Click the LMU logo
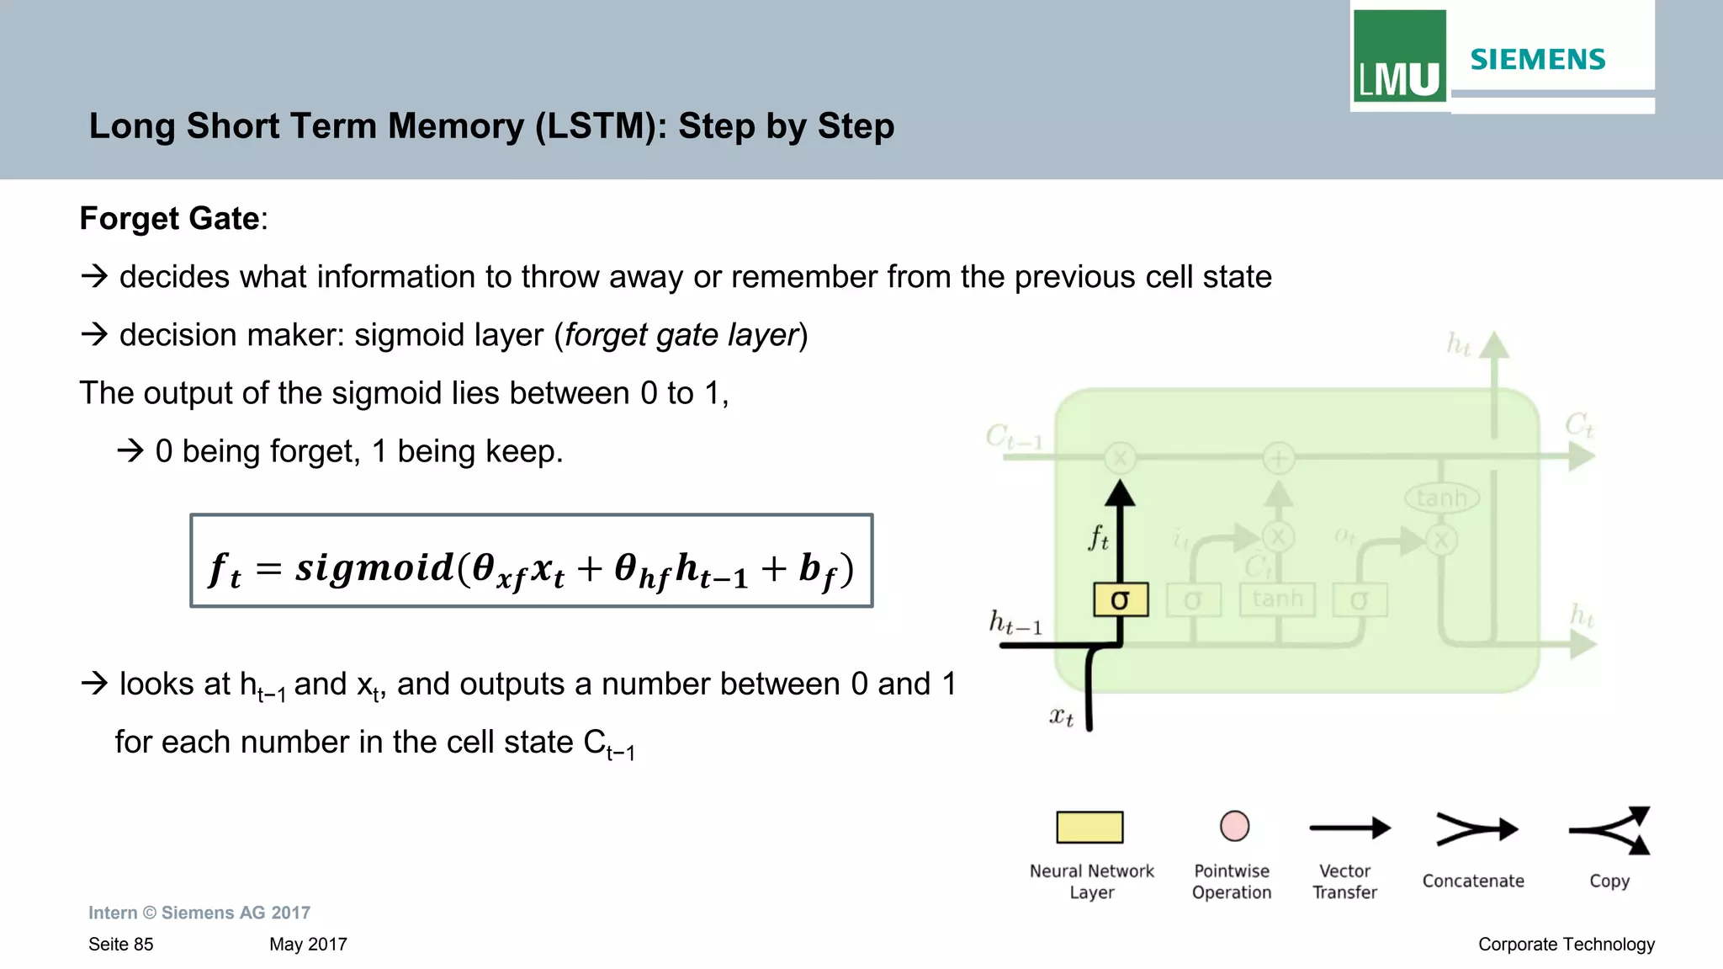(x=1399, y=56)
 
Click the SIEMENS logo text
(x=1537, y=60)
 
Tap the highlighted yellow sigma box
(x=1121, y=599)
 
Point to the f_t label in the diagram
(x=1098, y=537)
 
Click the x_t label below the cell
(x=1061, y=716)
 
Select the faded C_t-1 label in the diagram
(x=1013, y=437)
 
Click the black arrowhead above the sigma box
(x=1120, y=494)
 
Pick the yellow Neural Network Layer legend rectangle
(x=1089, y=827)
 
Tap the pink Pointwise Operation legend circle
(x=1234, y=826)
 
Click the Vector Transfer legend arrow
(x=1349, y=828)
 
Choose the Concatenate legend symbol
(x=1476, y=829)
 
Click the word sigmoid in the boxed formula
(x=374, y=567)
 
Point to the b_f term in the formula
(x=816, y=570)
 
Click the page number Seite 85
(x=121, y=944)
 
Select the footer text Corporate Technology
(x=1566, y=944)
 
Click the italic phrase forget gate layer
(x=681, y=335)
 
